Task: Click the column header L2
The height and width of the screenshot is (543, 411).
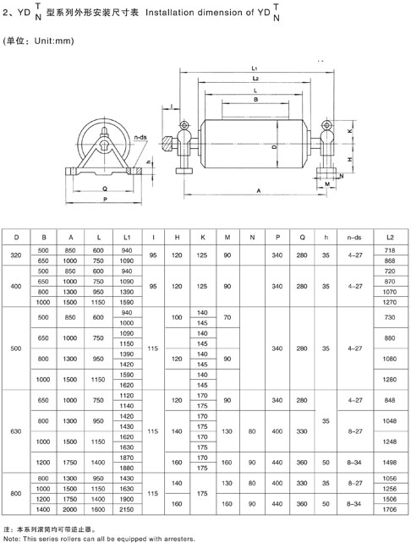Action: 390,237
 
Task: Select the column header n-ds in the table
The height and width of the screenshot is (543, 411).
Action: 354,237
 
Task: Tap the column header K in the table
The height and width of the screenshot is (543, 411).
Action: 203,237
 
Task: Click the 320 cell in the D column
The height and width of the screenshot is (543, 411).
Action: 16,255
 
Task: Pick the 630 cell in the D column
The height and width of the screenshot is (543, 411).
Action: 16,431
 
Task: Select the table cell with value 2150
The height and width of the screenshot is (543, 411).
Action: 126,509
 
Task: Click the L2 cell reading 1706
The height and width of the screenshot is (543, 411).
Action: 390,509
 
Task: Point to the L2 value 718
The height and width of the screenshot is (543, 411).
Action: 390,250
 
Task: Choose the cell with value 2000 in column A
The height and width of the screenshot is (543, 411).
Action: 70,509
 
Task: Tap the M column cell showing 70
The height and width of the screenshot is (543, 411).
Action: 227,317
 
